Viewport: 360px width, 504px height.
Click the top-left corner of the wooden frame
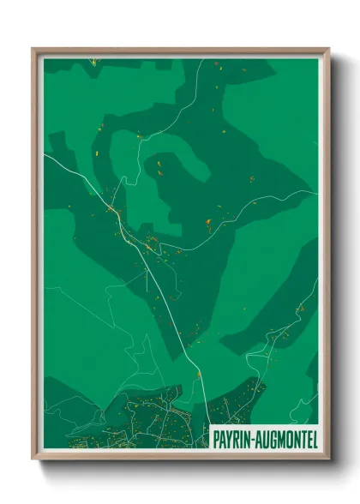pyautogui.click(x=33, y=49)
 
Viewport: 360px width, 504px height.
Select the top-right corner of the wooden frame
pyautogui.click(x=328, y=49)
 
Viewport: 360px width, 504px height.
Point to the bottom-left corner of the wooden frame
pyautogui.click(x=33, y=459)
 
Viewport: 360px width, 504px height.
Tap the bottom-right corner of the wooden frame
pyautogui.click(x=328, y=459)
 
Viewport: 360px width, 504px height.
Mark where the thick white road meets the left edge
pyautogui.click(x=45, y=155)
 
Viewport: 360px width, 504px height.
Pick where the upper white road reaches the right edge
pyautogui.click(x=316, y=190)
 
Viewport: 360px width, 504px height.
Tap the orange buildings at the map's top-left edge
pyautogui.click(x=92, y=62)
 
